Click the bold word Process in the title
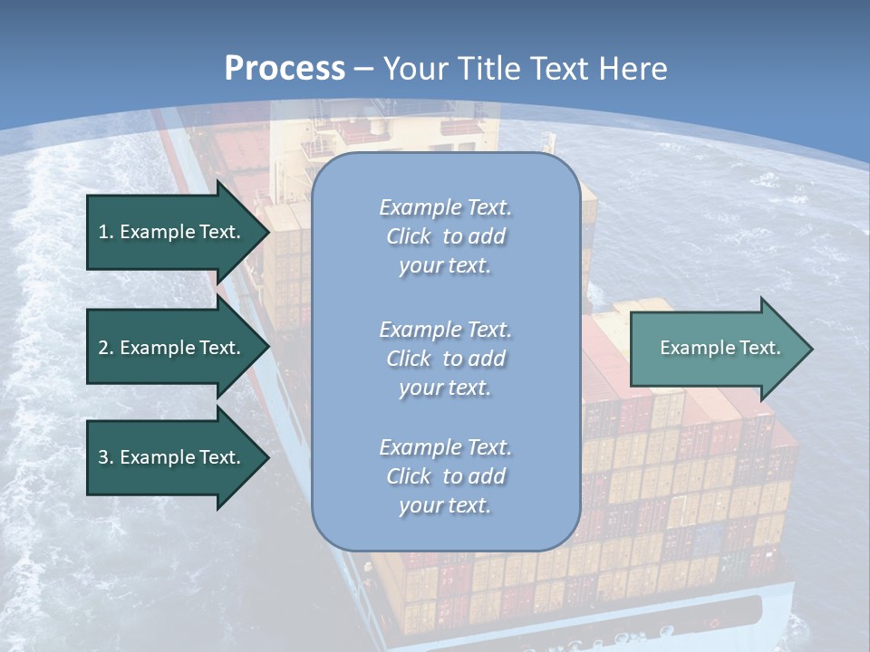pos(285,69)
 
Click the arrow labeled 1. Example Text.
pos(172,232)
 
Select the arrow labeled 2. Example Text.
pos(172,348)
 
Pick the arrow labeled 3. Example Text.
pos(172,457)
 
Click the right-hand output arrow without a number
pos(716,348)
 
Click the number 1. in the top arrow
pos(105,232)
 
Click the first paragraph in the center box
pos(445,236)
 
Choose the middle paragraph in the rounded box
pos(445,358)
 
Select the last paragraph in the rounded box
pos(445,475)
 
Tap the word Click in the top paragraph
pos(409,236)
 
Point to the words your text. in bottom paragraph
pos(445,505)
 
